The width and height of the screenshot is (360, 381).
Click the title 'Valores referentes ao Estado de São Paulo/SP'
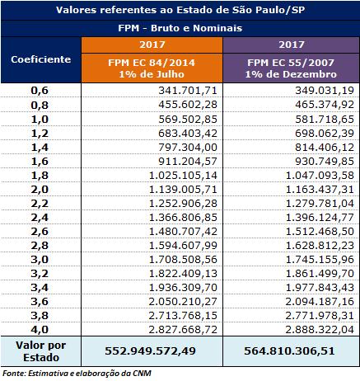click(x=180, y=11)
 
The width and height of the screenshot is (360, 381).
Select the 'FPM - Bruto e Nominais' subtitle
click(x=180, y=27)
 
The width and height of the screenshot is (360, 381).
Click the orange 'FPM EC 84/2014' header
click(x=152, y=65)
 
